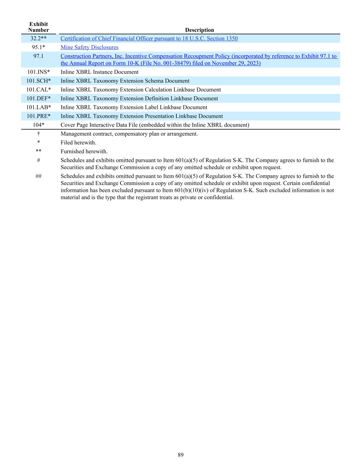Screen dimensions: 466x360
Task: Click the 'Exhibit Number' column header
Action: (x=39, y=27)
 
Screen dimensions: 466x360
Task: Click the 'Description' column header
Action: (x=199, y=30)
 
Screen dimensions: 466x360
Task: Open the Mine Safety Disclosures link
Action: (x=89, y=47)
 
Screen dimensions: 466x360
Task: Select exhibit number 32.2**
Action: (x=39, y=39)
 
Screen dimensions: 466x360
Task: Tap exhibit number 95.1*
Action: (x=39, y=47)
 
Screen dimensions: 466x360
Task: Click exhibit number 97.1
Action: (x=39, y=56)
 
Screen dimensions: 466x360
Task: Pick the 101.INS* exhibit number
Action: (x=39, y=72)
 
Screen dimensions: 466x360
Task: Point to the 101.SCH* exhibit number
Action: (x=39, y=81)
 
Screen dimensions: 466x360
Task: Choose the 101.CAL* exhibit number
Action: (x=39, y=90)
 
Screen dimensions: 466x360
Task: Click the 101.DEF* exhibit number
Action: (x=39, y=99)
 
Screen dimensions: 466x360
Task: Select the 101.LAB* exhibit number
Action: (x=39, y=108)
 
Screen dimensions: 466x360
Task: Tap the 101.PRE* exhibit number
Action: (x=39, y=116)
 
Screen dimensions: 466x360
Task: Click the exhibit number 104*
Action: (x=39, y=125)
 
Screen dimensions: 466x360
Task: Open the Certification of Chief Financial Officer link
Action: (x=149, y=39)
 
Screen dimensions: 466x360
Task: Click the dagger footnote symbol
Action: (x=39, y=134)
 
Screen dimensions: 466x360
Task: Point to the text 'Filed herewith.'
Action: (x=78, y=143)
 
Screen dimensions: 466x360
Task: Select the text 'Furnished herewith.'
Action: (x=84, y=152)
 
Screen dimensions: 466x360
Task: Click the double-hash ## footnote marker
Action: (x=39, y=176)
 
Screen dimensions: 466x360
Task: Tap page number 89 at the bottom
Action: (x=181, y=455)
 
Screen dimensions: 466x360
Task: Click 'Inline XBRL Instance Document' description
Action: (x=100, y=72)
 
